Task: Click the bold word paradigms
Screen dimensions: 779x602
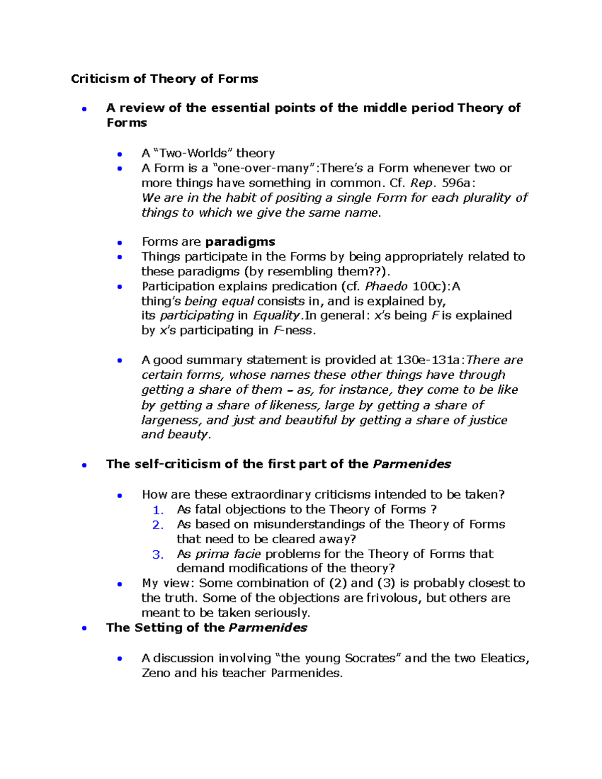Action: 240,242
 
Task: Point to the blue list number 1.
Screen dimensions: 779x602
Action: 158,510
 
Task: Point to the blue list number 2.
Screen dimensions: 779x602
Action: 158,525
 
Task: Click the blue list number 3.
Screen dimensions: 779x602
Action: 158,555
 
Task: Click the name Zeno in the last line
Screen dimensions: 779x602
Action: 156,673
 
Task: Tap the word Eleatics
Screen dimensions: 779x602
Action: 504,658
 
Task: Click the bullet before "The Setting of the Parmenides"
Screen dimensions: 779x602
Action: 84,628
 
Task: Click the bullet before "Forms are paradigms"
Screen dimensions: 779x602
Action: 119,243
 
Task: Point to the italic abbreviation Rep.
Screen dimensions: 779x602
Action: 421,183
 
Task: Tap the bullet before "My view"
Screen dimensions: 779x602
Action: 119,584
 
